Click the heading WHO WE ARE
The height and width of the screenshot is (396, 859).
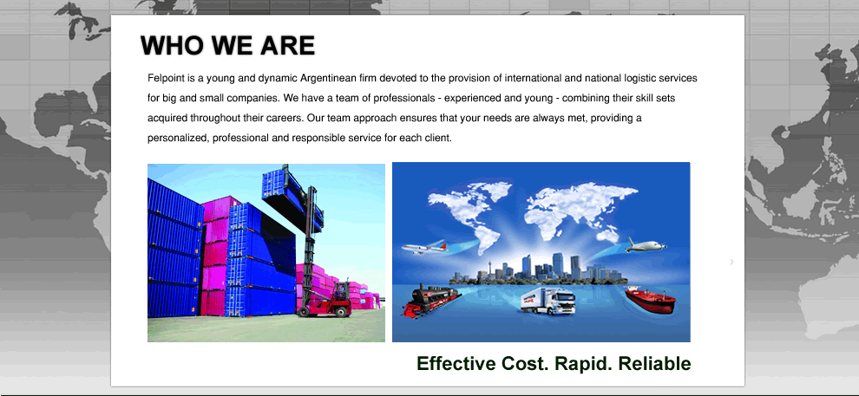tap(228, 45)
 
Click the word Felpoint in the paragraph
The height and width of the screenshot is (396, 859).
tap(163, 78)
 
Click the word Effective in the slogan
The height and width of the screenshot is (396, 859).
tap(457, 363)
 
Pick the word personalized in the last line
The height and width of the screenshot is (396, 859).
tap(178, 139)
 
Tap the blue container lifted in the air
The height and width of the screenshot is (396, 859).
tap(292, 197)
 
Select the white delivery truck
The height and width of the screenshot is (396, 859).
tap(548, 302)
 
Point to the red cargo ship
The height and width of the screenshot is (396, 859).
tap(650, 300)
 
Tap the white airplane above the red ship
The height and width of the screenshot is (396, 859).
tap(646, 244)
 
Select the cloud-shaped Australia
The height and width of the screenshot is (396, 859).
tap(607, 234)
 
